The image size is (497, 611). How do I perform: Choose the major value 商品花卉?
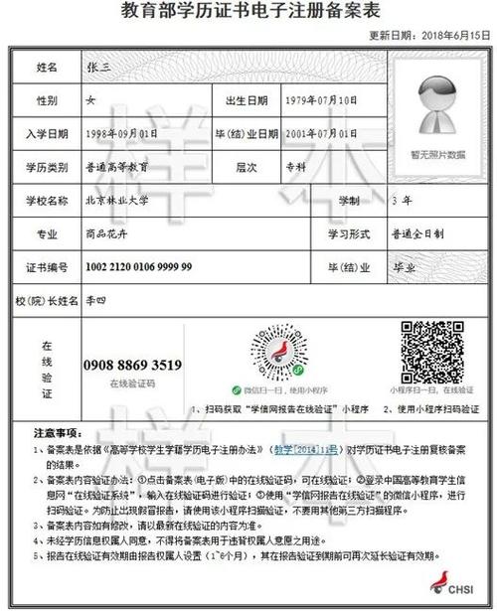coord(106,234)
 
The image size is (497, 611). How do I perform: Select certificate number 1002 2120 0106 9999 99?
coord(139,267)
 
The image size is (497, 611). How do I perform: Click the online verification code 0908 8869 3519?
coord(133,365)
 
